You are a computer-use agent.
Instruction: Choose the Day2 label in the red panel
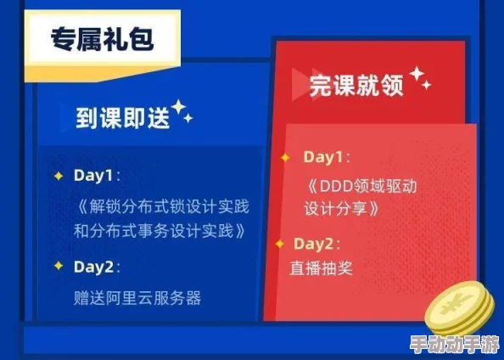pyautogui.click(x=315, y=244)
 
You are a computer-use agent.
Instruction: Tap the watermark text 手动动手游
pyautogui.click(x=452, y=346)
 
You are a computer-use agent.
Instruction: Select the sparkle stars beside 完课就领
pyautogui.click(x=419, y=79)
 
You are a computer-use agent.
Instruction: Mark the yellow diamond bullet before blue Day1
pyautogui.click(x=58, y=176)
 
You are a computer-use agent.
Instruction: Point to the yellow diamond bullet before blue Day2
pyautogui.click(x=58, y=267)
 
